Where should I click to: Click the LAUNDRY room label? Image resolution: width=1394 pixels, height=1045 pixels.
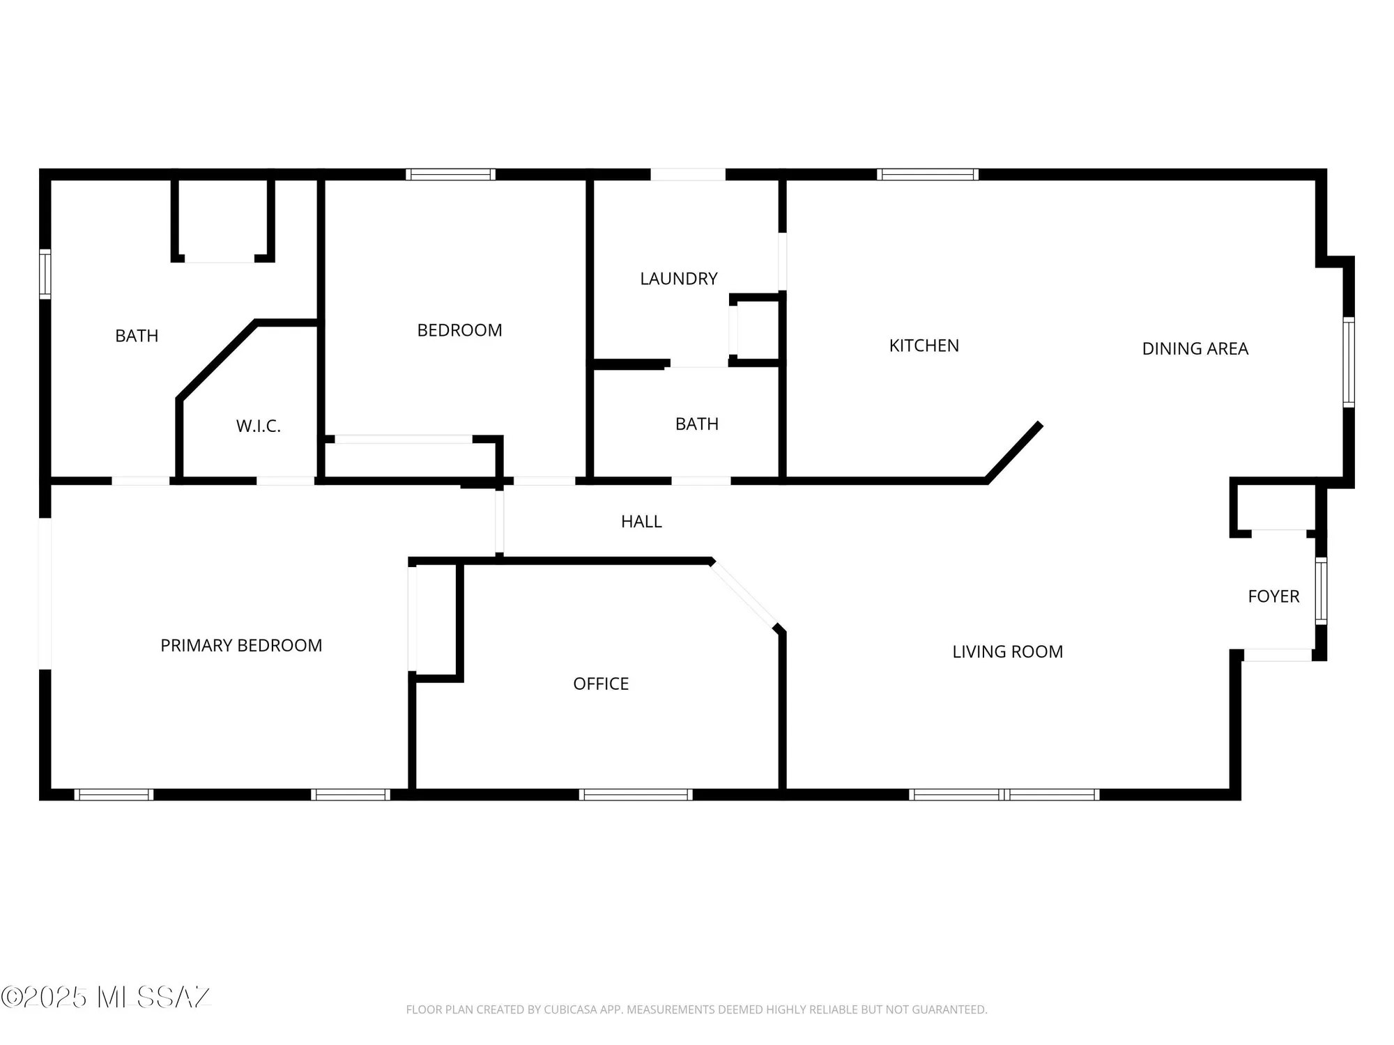coord(678,279)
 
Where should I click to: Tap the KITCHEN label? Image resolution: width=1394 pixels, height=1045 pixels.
coord(924,346)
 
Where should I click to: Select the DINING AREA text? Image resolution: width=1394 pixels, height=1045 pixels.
coord(1195,348)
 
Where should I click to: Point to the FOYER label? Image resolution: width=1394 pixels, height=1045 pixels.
coord(1273,596)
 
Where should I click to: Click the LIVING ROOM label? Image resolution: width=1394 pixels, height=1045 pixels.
coord(1007,651)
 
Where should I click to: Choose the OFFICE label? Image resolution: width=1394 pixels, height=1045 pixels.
coord(601,683)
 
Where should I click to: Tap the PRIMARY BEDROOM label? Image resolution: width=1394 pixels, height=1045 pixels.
coord(241,645)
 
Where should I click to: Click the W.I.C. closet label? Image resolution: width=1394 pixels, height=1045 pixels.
coord(258,426)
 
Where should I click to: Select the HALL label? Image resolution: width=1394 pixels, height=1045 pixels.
coord(641,521)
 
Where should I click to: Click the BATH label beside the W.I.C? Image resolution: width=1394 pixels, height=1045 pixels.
coord(137,336)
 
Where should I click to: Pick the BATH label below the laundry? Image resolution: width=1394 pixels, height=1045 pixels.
coord(696,424)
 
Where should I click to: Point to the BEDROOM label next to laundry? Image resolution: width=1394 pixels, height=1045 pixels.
coord(459,330)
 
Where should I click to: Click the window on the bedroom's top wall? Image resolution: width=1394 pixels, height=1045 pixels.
coord(451,174)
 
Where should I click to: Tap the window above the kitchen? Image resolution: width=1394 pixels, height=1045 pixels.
coord(927,174)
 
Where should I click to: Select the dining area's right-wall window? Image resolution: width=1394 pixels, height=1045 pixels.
coord(1349,362)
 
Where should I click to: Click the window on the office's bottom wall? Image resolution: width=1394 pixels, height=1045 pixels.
coord(636,794)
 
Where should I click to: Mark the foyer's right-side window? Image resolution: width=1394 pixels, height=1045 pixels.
coord(1321,590)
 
